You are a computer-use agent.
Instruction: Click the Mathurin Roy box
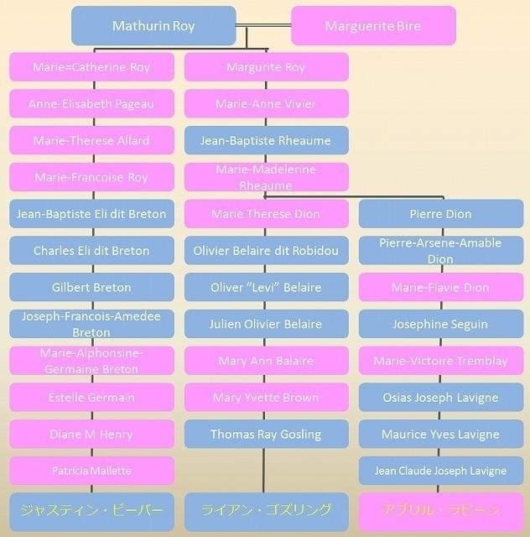pyautogui.click(x=153, y=26)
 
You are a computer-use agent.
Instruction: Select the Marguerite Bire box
pyautogui.click(x=373, y=26)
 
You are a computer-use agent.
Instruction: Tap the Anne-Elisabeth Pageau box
pyautogui.click(x=91, y=104)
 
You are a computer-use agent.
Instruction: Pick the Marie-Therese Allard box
pyautogui.click(x=91, y=141)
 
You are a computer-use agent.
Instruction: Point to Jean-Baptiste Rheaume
pyautogui.click(x=266, y=141)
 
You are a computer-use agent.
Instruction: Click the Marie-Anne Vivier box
pyautogui.click(x=266, y=104)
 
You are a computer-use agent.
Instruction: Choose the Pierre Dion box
pyautogui.click(x=440, y=214)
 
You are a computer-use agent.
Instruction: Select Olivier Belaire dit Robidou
pyautogui.click(x=266, y=251)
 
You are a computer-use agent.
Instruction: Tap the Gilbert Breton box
pyautogui.click(x=91, y=287)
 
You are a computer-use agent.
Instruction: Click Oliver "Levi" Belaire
pyautogui.click(x=266, y=287)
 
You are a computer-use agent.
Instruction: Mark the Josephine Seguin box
pyautogui.click(x=440, y=324)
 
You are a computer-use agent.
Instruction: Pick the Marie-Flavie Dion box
pyautogui.click(x=440, y=287)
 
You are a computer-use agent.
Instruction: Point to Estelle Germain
pyautogui.click(x=91, y=398)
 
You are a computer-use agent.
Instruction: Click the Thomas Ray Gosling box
pyautogui.click(x=266, y=434)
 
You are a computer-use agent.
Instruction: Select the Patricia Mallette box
pyautogui.click(x=91, y=471)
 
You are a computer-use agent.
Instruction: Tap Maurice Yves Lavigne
pyautogui.click(x=440, y=434)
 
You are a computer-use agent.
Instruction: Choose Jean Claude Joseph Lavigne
pyautogui.click(x=440, y=471)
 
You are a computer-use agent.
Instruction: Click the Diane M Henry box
pyautogui.click(x=91, y=434)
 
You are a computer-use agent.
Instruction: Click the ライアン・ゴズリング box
pyautogui.click(x=266, y=510)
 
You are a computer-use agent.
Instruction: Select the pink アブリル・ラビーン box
pyautogui.click(x=440, y=510)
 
